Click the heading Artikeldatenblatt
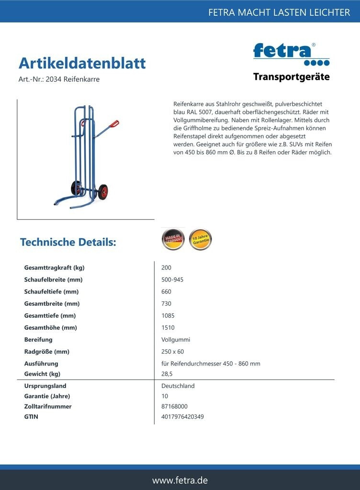82,63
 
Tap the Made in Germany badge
172,239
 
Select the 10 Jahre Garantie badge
200,239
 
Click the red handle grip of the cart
113,124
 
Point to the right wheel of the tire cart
103,191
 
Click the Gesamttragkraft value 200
167,268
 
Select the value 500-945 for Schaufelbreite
172,280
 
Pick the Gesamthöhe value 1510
168,328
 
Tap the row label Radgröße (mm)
47,352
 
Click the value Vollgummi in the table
176,340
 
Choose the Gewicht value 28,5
167,374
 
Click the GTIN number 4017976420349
182,417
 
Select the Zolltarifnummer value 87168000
175,406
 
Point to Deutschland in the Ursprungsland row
178,386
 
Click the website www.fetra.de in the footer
180,480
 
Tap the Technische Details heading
68,242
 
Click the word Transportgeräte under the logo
291,77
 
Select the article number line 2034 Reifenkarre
59,79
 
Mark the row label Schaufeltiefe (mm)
51,292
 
